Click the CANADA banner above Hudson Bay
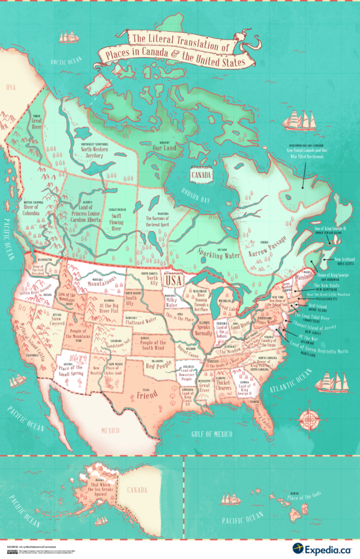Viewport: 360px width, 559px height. coord(200,175)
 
